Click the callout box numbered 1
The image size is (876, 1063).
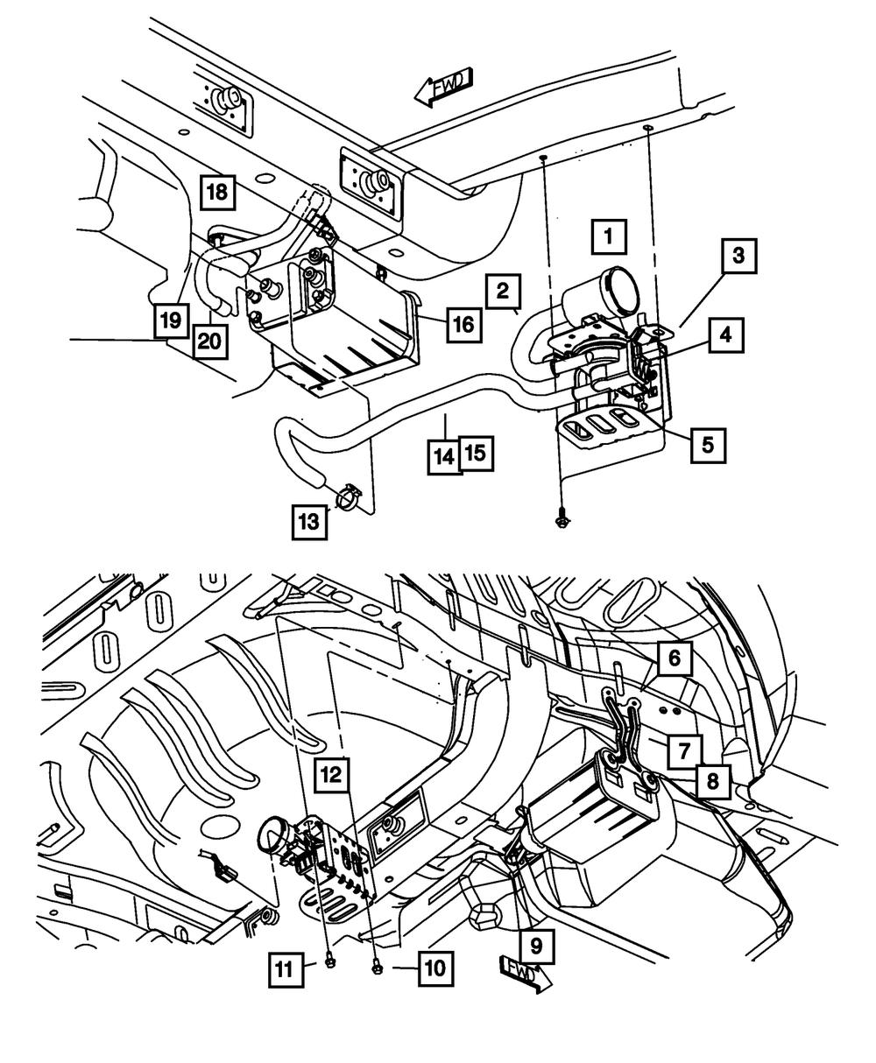point(609,236)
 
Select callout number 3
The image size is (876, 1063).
point(738,256)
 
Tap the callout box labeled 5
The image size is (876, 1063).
point(708,445)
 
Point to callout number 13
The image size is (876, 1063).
point(309,522)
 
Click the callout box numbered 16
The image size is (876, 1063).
point(464,324)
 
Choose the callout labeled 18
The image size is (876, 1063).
point(218,193)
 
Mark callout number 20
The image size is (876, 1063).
point(210,341)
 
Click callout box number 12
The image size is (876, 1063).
point(331,774)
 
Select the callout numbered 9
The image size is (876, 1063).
point(536,946)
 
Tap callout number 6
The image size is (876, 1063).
point(675,658)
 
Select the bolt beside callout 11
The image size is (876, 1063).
point(330,962)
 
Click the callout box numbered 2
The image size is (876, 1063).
point(503,292)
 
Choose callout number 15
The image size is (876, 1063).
point(477,453)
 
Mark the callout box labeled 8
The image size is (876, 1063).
point(712,781)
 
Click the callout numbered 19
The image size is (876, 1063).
point(172,320)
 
